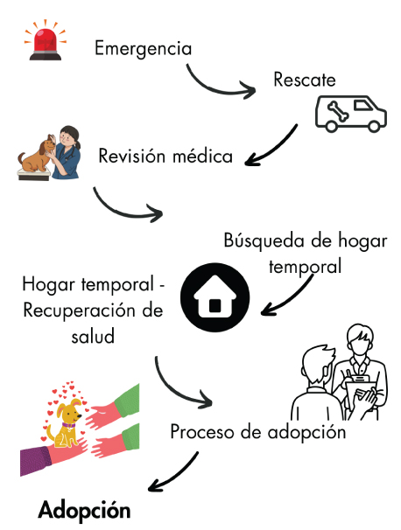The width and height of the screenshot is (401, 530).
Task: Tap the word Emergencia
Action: [x=143, y=49]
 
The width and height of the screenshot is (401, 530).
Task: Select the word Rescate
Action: [x=305, y=80]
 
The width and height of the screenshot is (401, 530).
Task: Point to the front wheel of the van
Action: [x=374, y=126]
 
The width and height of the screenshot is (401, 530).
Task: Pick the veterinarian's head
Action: [x=68, y=137]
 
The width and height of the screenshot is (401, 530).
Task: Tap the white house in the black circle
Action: [x=215, y=297]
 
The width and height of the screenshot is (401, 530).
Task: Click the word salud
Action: [x=93, y=337]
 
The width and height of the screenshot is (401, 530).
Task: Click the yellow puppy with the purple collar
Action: [x=66, y=422]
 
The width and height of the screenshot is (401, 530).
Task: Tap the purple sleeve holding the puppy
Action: [x=35, y=460]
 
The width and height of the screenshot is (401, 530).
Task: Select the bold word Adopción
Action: [x=84, y=511]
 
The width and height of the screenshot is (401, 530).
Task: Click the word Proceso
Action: [x=202, y=432]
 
